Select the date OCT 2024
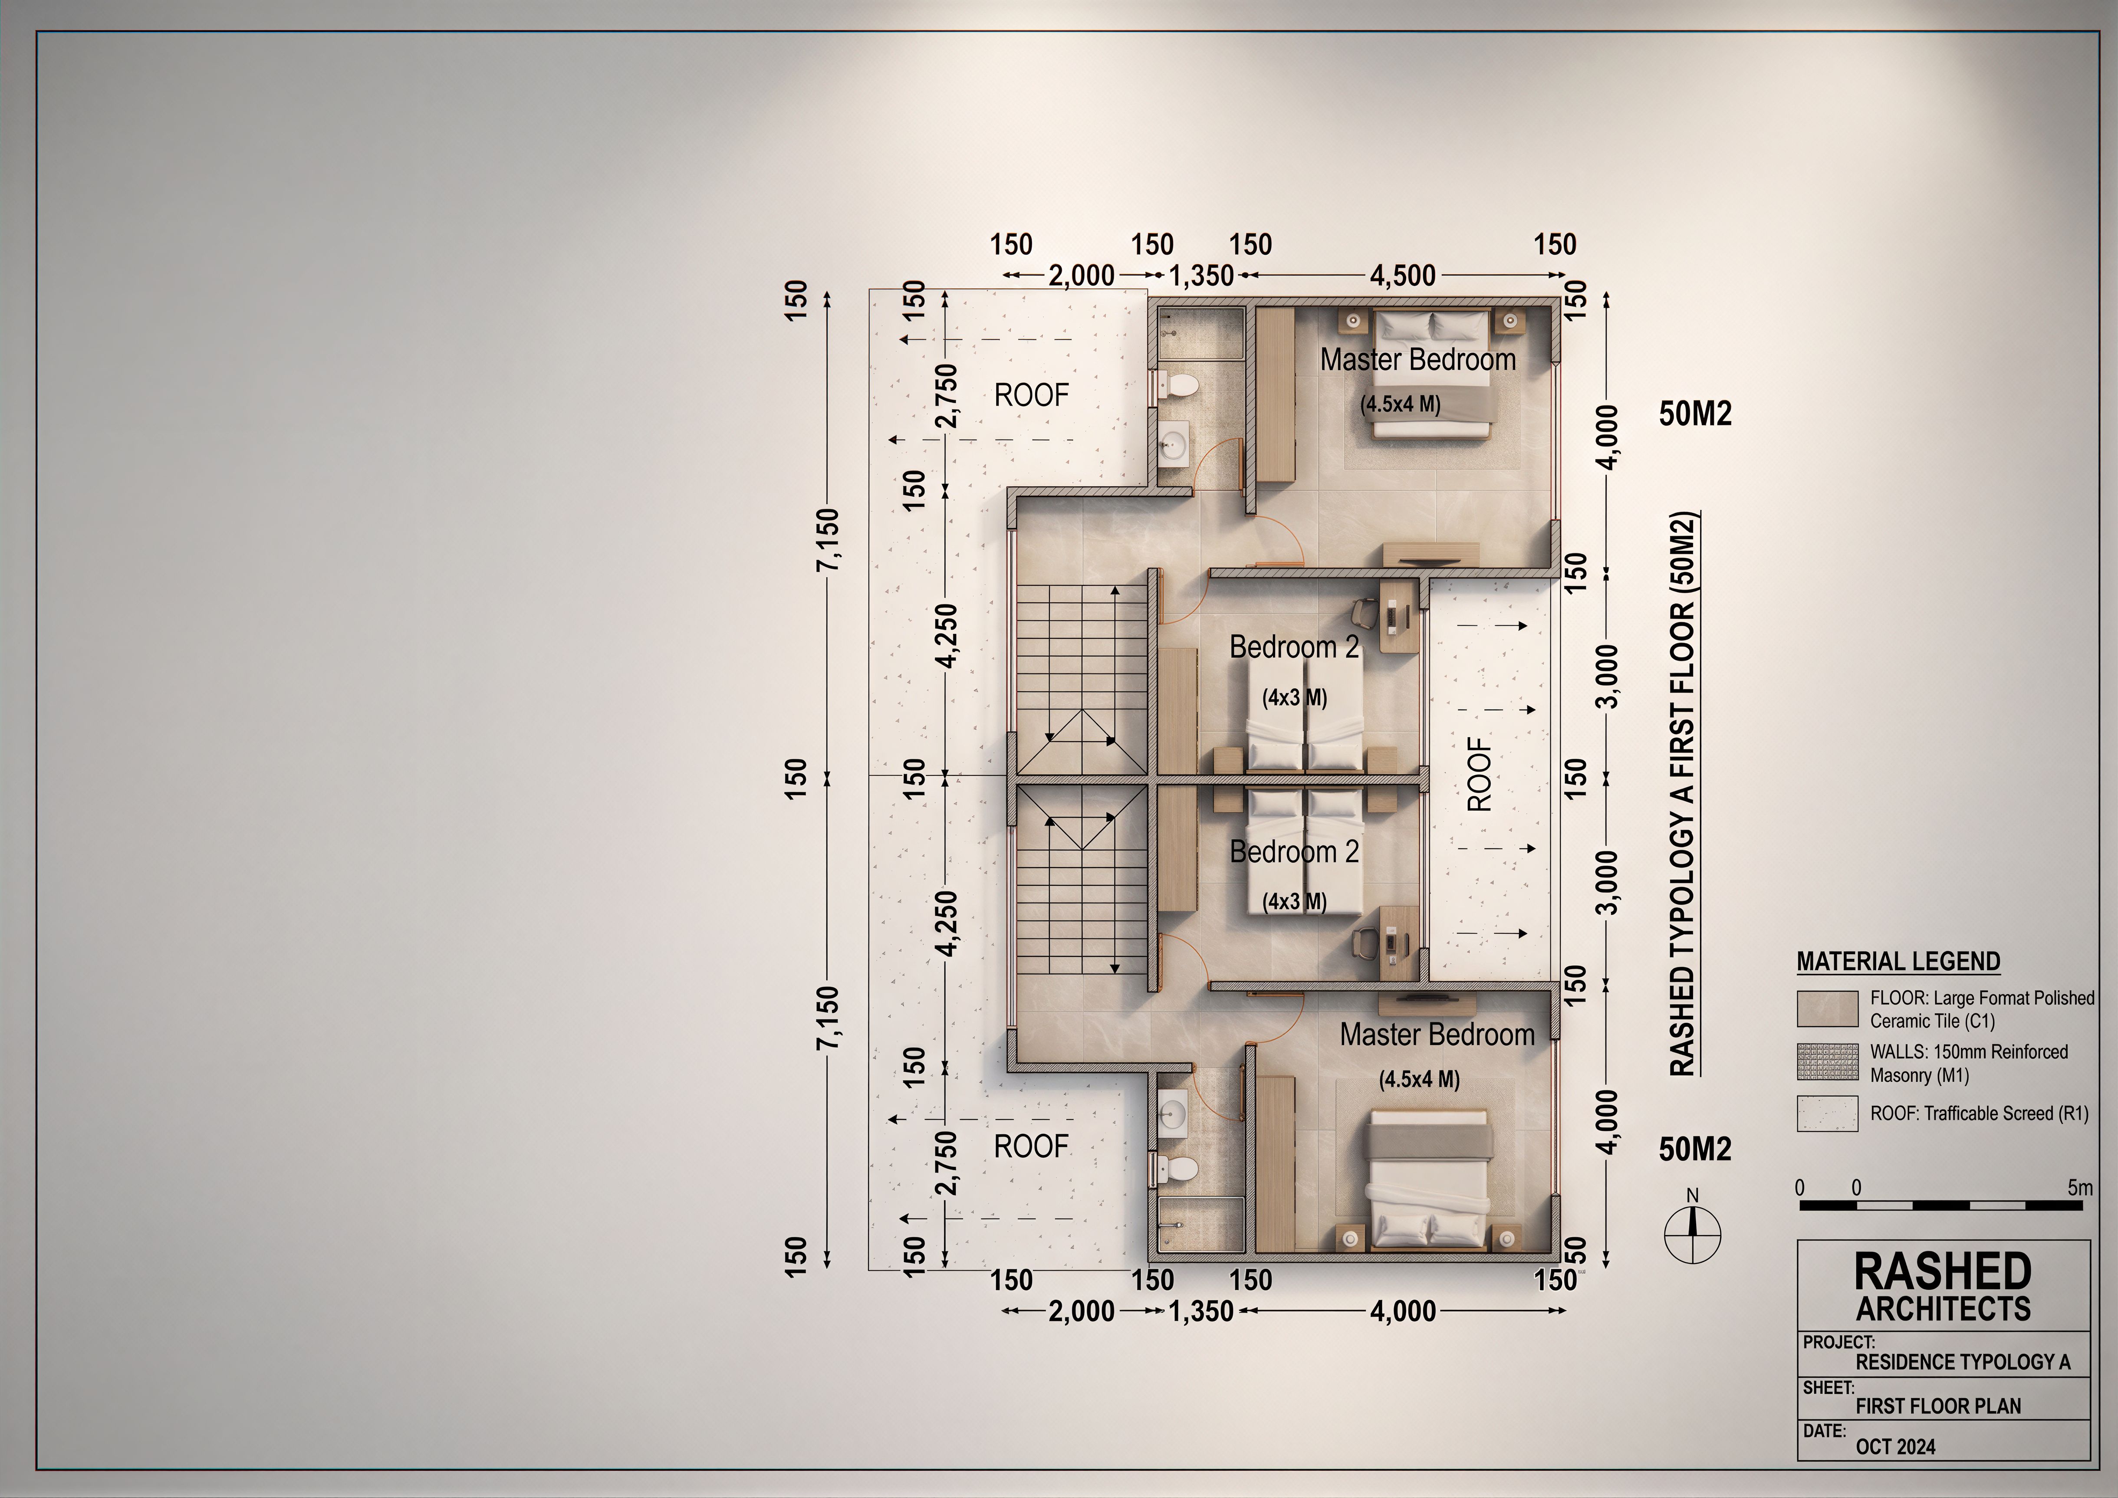(x=1896, y=1446)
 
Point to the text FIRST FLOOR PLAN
(x=1938, y=1406)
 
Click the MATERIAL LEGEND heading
(x=1898, y=961)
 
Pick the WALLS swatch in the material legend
(x=1827, y=1062)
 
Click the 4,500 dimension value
(x=1402, y=275)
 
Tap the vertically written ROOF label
(x=1479, y=774)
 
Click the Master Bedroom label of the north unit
(x=1418, y=360)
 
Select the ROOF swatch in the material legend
(x=1827, y=1114)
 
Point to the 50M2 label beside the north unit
(x=1696, y=414)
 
